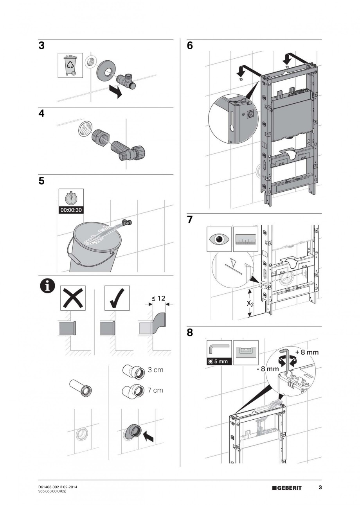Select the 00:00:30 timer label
point(70,210)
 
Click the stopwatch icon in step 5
point(70,198)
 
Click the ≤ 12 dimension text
point(158,298)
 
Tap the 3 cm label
point(155,370)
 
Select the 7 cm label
point(155,390)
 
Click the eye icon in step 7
point(219,238)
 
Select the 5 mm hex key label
point(219,361)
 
